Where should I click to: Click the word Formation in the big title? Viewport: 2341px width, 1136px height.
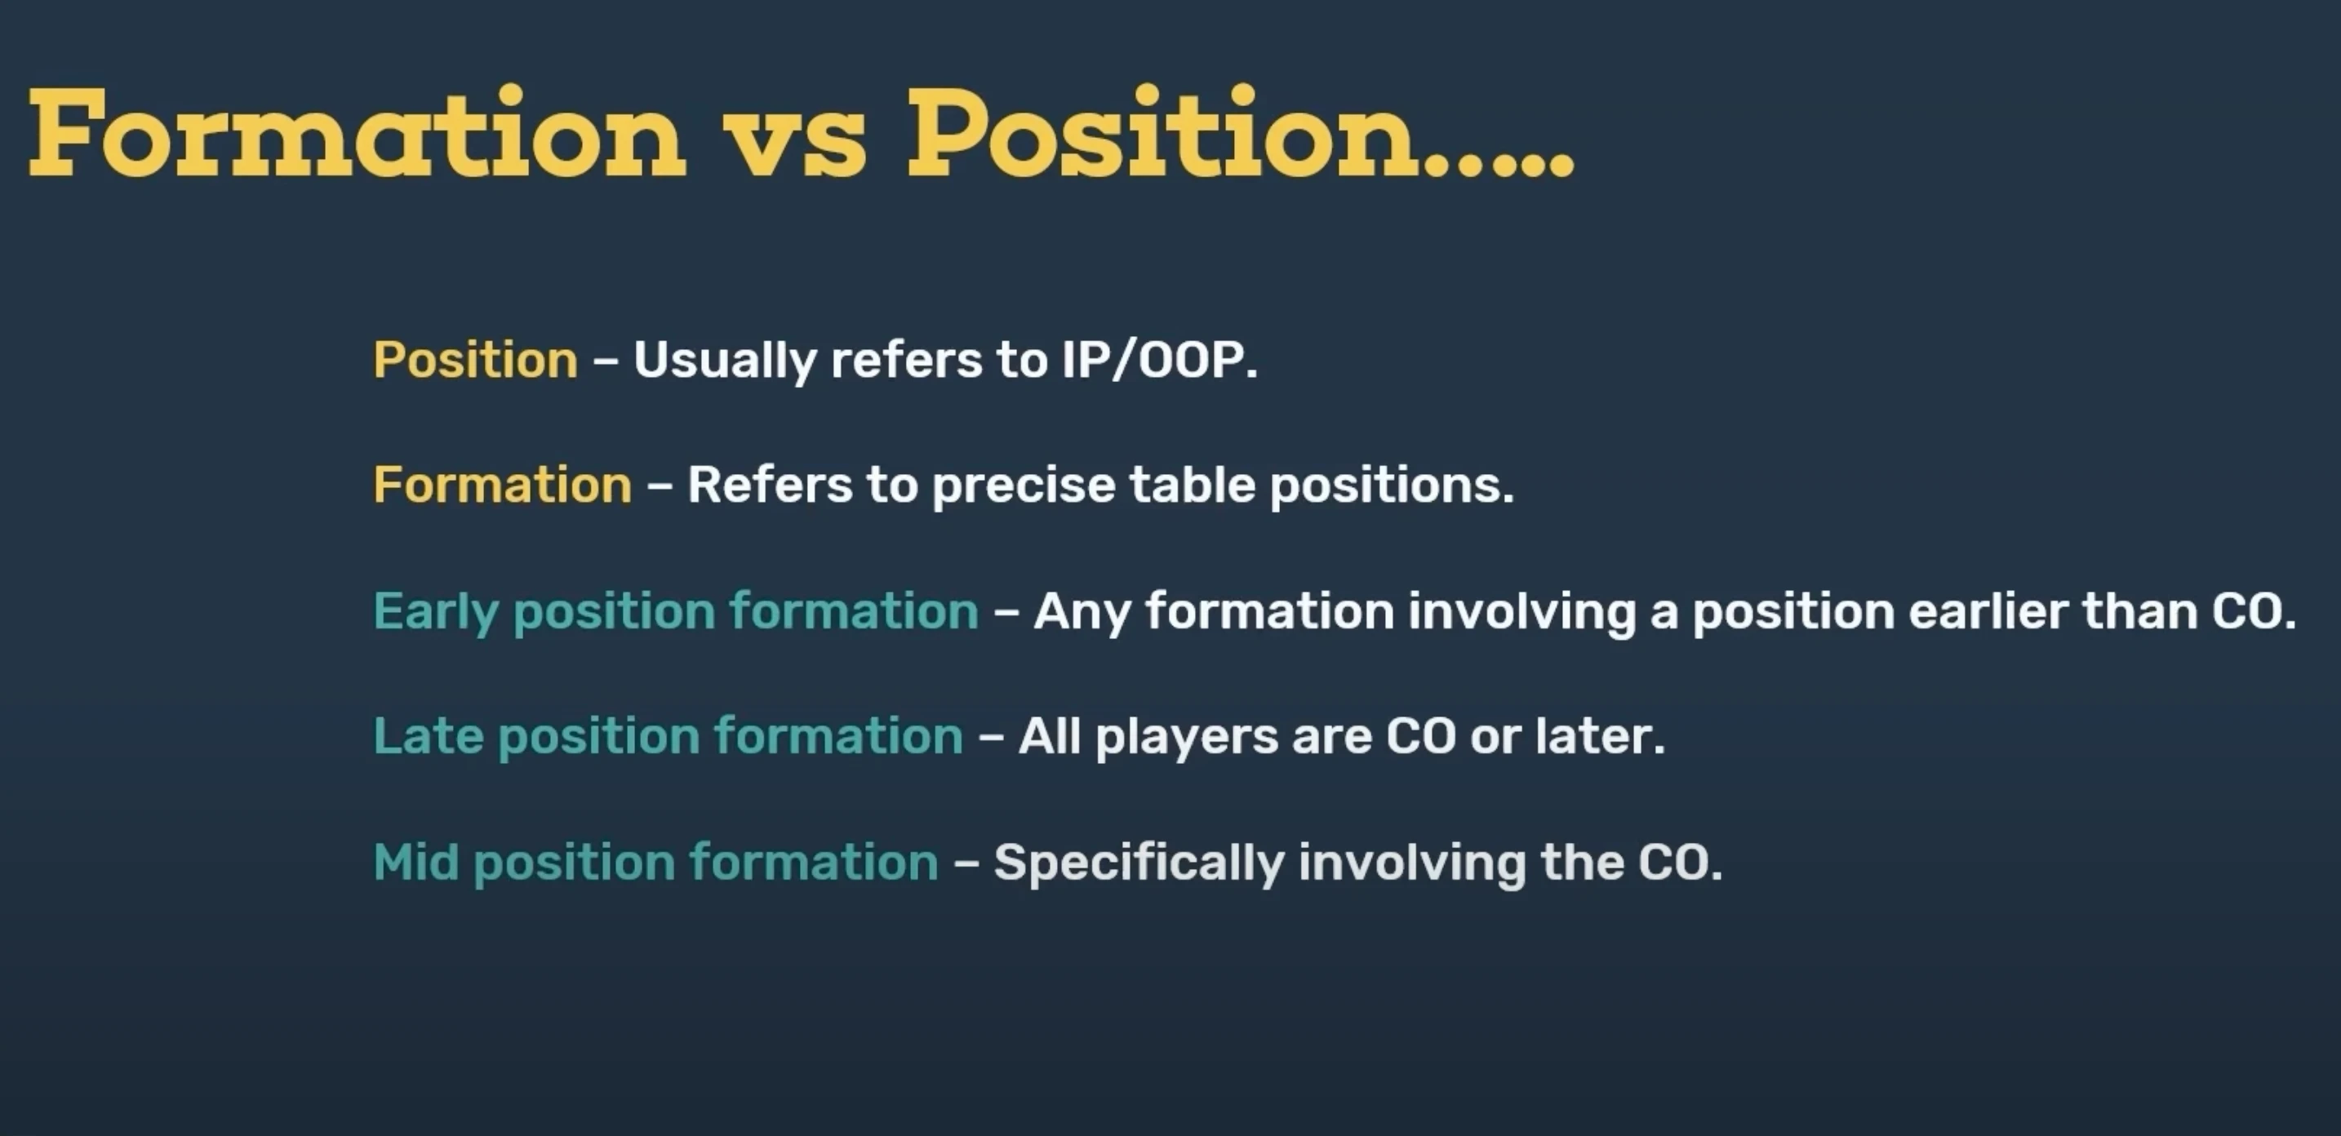coord(358,134)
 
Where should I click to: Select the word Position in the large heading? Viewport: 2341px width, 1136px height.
coord(1163,134)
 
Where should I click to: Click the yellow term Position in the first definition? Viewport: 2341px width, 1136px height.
coord(475,360)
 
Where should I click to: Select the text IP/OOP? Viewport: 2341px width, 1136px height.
coord(1160,361)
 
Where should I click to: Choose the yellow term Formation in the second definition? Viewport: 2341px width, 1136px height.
coord(503,485)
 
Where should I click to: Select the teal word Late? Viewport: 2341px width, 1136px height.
coord(427,736)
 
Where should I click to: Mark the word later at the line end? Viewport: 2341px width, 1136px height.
coord(1601,736)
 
